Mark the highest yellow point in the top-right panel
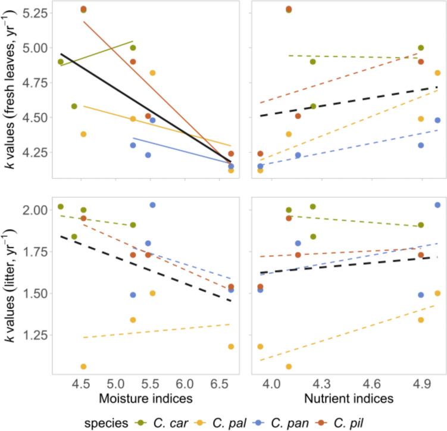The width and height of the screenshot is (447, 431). pyautogui.click(x=437, y=73)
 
